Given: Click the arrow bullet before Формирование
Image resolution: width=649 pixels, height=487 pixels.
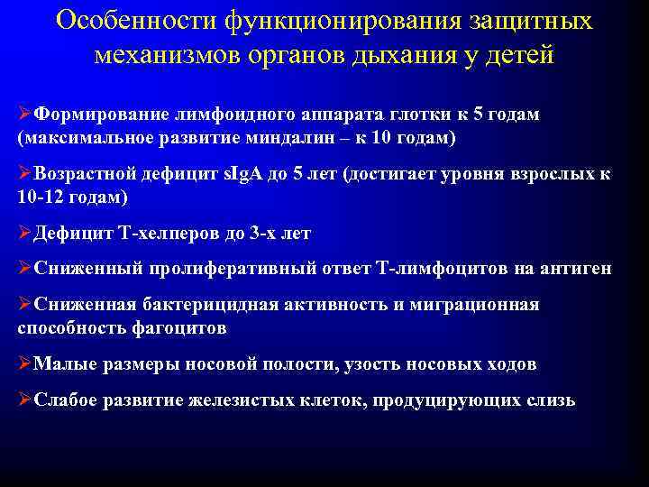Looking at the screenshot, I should click(x=24, y=115).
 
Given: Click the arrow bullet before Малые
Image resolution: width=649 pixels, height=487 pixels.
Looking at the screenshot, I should click(x=24, y=364).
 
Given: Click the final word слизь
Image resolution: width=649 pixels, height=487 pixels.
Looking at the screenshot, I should click(x=547, y=400).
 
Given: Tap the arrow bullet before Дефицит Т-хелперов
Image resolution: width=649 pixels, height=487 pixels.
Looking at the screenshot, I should click(x=24, y=234).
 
